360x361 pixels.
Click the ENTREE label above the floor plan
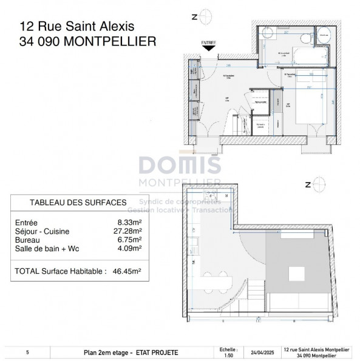coord(208,44)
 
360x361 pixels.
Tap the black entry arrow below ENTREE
coord(208,51)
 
